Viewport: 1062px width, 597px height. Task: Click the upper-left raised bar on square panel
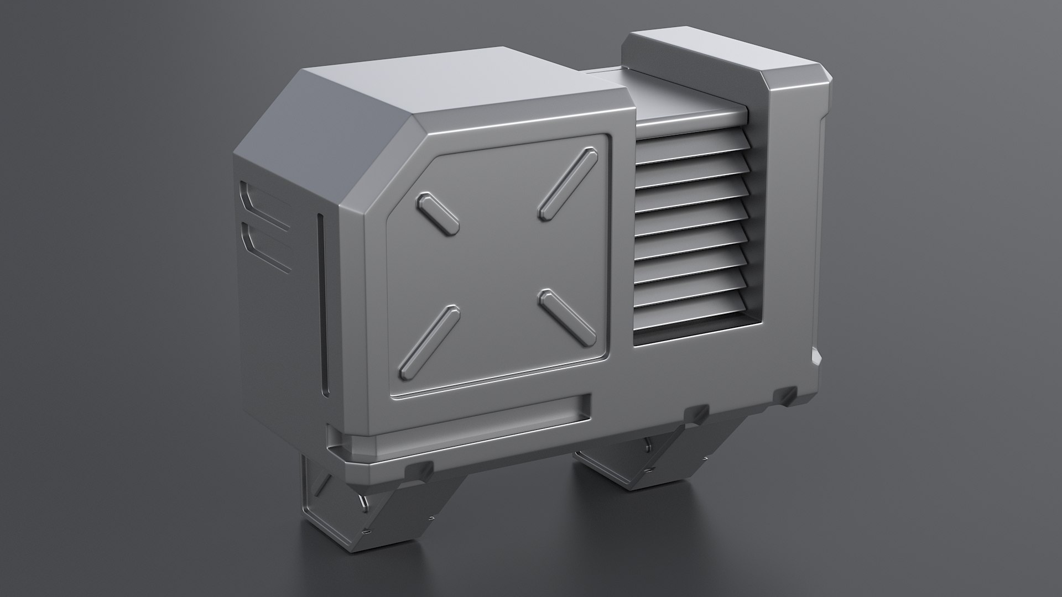(x=439, y=212)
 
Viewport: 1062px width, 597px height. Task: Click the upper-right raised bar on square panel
(x=568, y=183)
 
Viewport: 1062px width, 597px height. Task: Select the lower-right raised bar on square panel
(x=567, y=316)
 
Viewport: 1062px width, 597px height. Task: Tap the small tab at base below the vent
(x=696, y=413)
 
